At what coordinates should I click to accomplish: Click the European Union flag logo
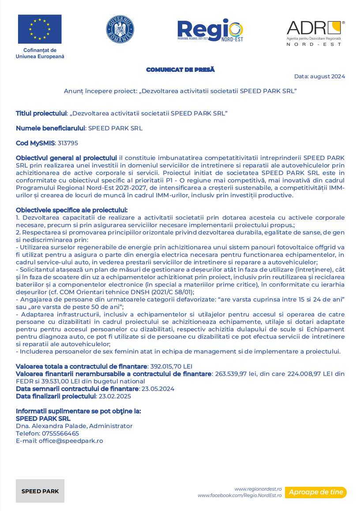[x=40, y=29]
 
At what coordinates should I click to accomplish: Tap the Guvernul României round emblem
[x=120, y=29]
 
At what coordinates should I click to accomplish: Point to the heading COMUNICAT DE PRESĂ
[x=180, y=70]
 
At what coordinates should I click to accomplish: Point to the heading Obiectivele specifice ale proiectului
[x=71, y=210]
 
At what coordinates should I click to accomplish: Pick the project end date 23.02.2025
[x=115, y=396]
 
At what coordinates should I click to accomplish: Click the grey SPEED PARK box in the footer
[x=40, y=491]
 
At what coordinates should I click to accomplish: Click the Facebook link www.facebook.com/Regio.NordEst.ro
[x=240, y=496]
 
